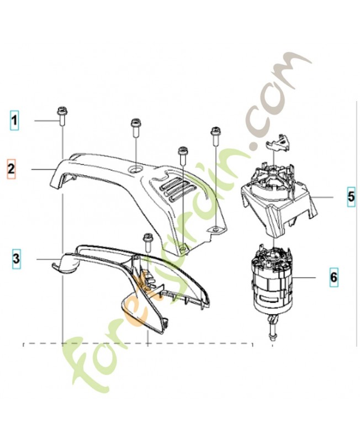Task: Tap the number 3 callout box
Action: click(x=17, y=257)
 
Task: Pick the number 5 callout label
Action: click(x=351, y=197)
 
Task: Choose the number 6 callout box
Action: click(x=333, y=276)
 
